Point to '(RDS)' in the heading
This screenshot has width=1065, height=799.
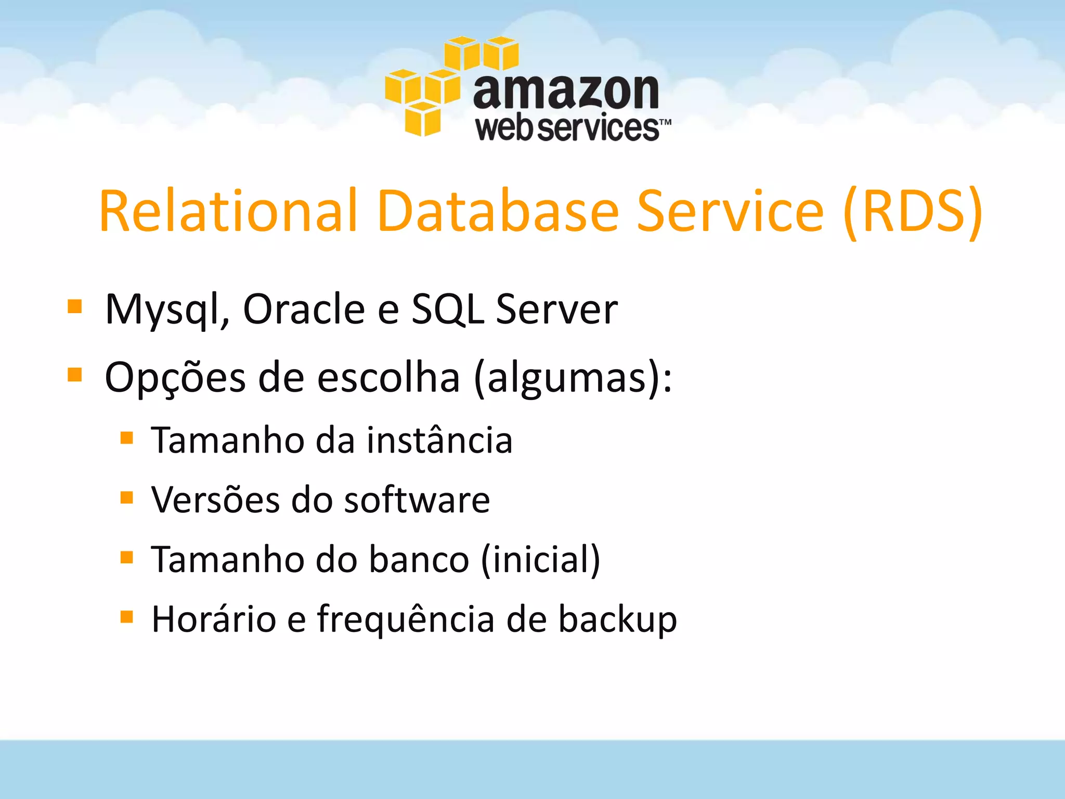913,211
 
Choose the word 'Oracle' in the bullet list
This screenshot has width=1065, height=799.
304,310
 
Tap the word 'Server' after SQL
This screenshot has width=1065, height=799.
556,310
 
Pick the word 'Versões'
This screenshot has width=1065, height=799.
215,500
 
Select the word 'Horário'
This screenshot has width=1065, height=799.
214,620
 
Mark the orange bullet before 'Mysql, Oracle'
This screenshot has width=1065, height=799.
75,306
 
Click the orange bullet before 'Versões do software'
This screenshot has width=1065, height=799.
126,498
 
